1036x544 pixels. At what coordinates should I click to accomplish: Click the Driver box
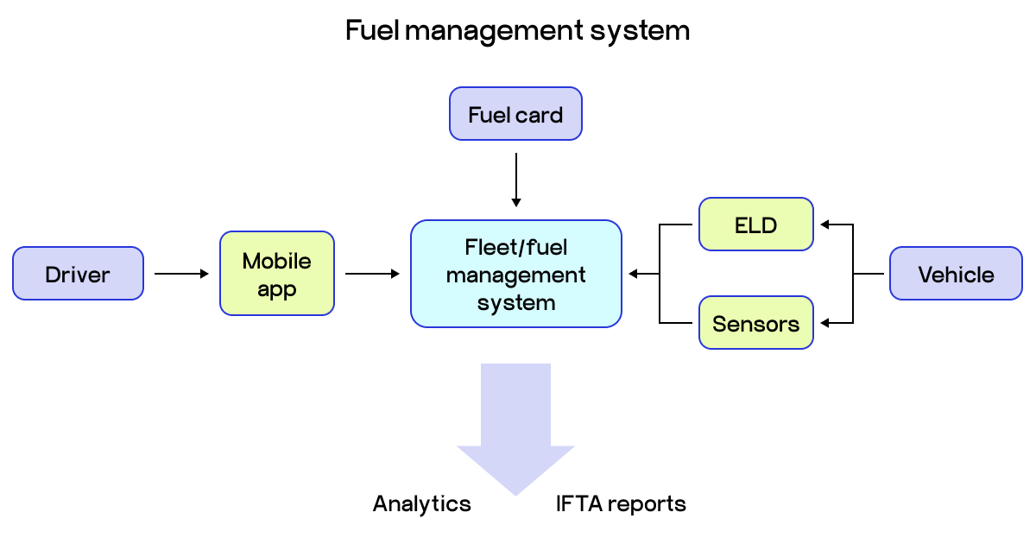pyautogui.click(x=78, y=274)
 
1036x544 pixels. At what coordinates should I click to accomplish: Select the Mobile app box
pyautogui.click(x=277, y=274)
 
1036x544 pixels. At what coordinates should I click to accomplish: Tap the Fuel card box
pyautogui.click(x=515, y=113)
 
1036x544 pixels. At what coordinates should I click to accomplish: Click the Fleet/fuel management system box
pyautogui.click(x=515, y=274)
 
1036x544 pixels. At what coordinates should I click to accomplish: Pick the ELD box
pyautogui.click(x=755, y=225)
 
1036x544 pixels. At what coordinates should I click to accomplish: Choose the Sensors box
pyautogui.click(x=755, y=324)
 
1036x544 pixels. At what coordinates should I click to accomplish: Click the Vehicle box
pyautogui.click(x=956, y=274)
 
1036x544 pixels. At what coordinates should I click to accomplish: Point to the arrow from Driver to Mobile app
pyautogui.click(x=181, y=274)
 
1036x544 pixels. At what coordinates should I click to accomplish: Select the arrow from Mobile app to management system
pyautogui.click(x=372, y=274)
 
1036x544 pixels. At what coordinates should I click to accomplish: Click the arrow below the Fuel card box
pyautogui.click(x=515, y=180)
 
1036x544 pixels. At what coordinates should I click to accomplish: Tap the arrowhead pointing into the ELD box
pyautogui.click(x=824, y=225)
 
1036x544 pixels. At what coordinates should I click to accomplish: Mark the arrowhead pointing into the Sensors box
pyautogui.click(x=824, y=323)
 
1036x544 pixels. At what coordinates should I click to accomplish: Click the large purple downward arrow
pyautogui.click(x=515, y=423)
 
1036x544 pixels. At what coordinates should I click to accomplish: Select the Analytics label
pyautogui.click(x=421, y=503)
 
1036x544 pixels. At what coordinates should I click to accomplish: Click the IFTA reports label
pyautogui.click(x=621, y=503)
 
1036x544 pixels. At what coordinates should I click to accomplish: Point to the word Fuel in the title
pyautogui.click(x=372, y=30)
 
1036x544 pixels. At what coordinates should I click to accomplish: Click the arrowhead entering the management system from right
pyautogui.click(x=633, y=274)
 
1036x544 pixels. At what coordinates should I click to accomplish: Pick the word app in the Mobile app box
pyautogui.click(x=277, y=289)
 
